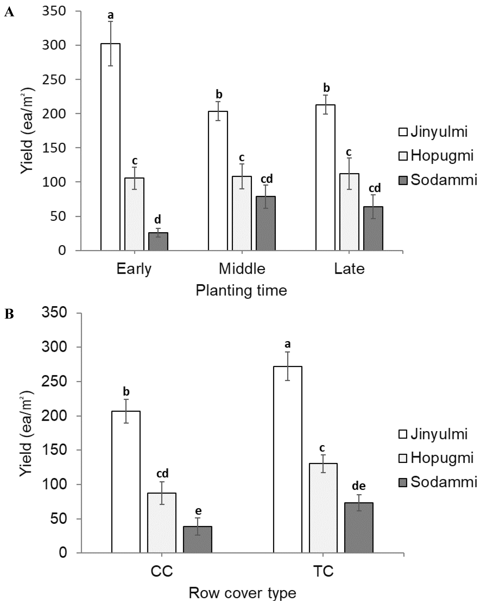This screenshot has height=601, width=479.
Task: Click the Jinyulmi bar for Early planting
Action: (x=110, y=147)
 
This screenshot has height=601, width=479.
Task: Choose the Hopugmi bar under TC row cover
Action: (x=323, y=508)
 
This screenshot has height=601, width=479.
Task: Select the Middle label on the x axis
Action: (x=242, y=269)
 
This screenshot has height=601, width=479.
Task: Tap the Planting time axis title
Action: (x=241, y=290)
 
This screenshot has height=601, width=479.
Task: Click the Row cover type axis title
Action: (x=242, y=593)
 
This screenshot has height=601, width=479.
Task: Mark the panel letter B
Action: (x=9, y=314)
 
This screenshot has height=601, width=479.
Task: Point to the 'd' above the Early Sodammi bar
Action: (x=158, y=220)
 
